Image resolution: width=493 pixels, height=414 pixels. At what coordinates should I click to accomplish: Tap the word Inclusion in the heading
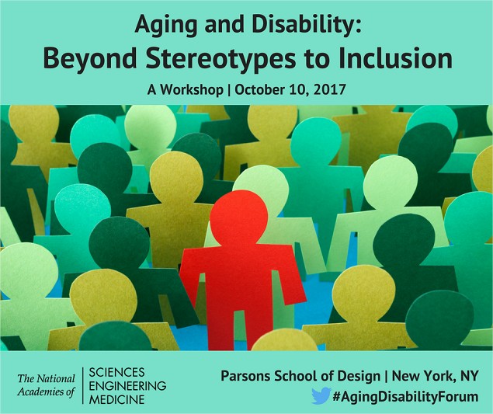(395, 58)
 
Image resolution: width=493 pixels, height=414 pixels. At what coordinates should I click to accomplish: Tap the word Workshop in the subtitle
(192, 90)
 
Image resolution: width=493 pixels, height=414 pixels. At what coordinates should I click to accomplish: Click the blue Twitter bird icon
(321, 396)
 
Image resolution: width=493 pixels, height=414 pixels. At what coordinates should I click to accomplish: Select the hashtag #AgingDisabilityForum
(405, 397)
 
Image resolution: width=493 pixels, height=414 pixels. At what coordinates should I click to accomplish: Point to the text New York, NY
(435, 376)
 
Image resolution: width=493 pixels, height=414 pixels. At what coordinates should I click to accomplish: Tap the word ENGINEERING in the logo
(127, 386)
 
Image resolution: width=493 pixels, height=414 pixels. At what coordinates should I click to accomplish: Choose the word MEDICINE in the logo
(117, 399)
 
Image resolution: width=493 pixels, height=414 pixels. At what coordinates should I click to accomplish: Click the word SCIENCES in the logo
(116, 372)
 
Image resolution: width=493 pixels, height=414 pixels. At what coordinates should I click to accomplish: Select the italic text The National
(47, 378)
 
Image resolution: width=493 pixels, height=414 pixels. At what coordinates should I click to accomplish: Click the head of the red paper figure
(239, 217)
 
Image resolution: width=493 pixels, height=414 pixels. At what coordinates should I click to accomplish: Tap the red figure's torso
(239, 277)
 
